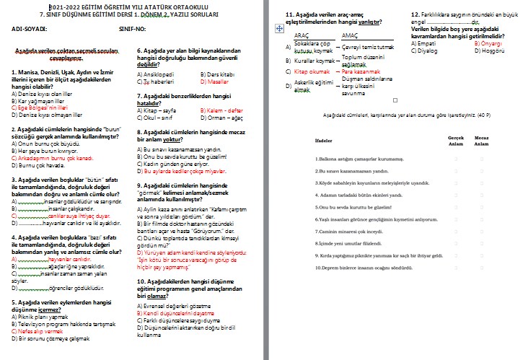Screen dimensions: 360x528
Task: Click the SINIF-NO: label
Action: coord(133,30)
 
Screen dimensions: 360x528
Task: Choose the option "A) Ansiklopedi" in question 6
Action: coord(156,74)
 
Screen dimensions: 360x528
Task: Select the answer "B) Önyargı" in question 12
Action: coord(488,43)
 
